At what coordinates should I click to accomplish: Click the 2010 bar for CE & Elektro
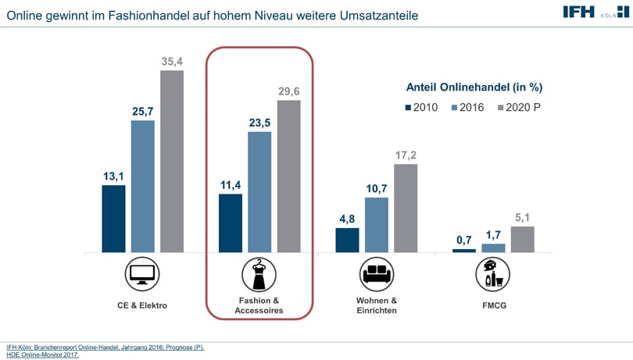click(x=113, y=219)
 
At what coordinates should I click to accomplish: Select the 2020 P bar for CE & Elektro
click(x=172, y=162)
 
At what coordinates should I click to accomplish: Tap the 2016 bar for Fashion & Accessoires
click(x=259, y=192)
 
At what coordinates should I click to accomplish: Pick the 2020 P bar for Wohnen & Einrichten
click(x=406, y=208)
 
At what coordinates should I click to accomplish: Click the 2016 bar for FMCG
click(x=493, y=248)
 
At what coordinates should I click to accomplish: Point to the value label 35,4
click(x=172, y=60)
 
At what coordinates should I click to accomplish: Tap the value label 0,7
click(x=464, y=239)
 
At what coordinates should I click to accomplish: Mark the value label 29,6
click(x=289, y=91)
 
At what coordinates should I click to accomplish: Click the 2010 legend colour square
click(x=408, y=108)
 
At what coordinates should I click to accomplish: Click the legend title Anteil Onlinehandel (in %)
click(x=474, y=87)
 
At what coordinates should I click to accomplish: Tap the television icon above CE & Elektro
click(x=141, y=274)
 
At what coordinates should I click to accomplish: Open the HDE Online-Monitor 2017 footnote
click(x=43, y=355)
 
